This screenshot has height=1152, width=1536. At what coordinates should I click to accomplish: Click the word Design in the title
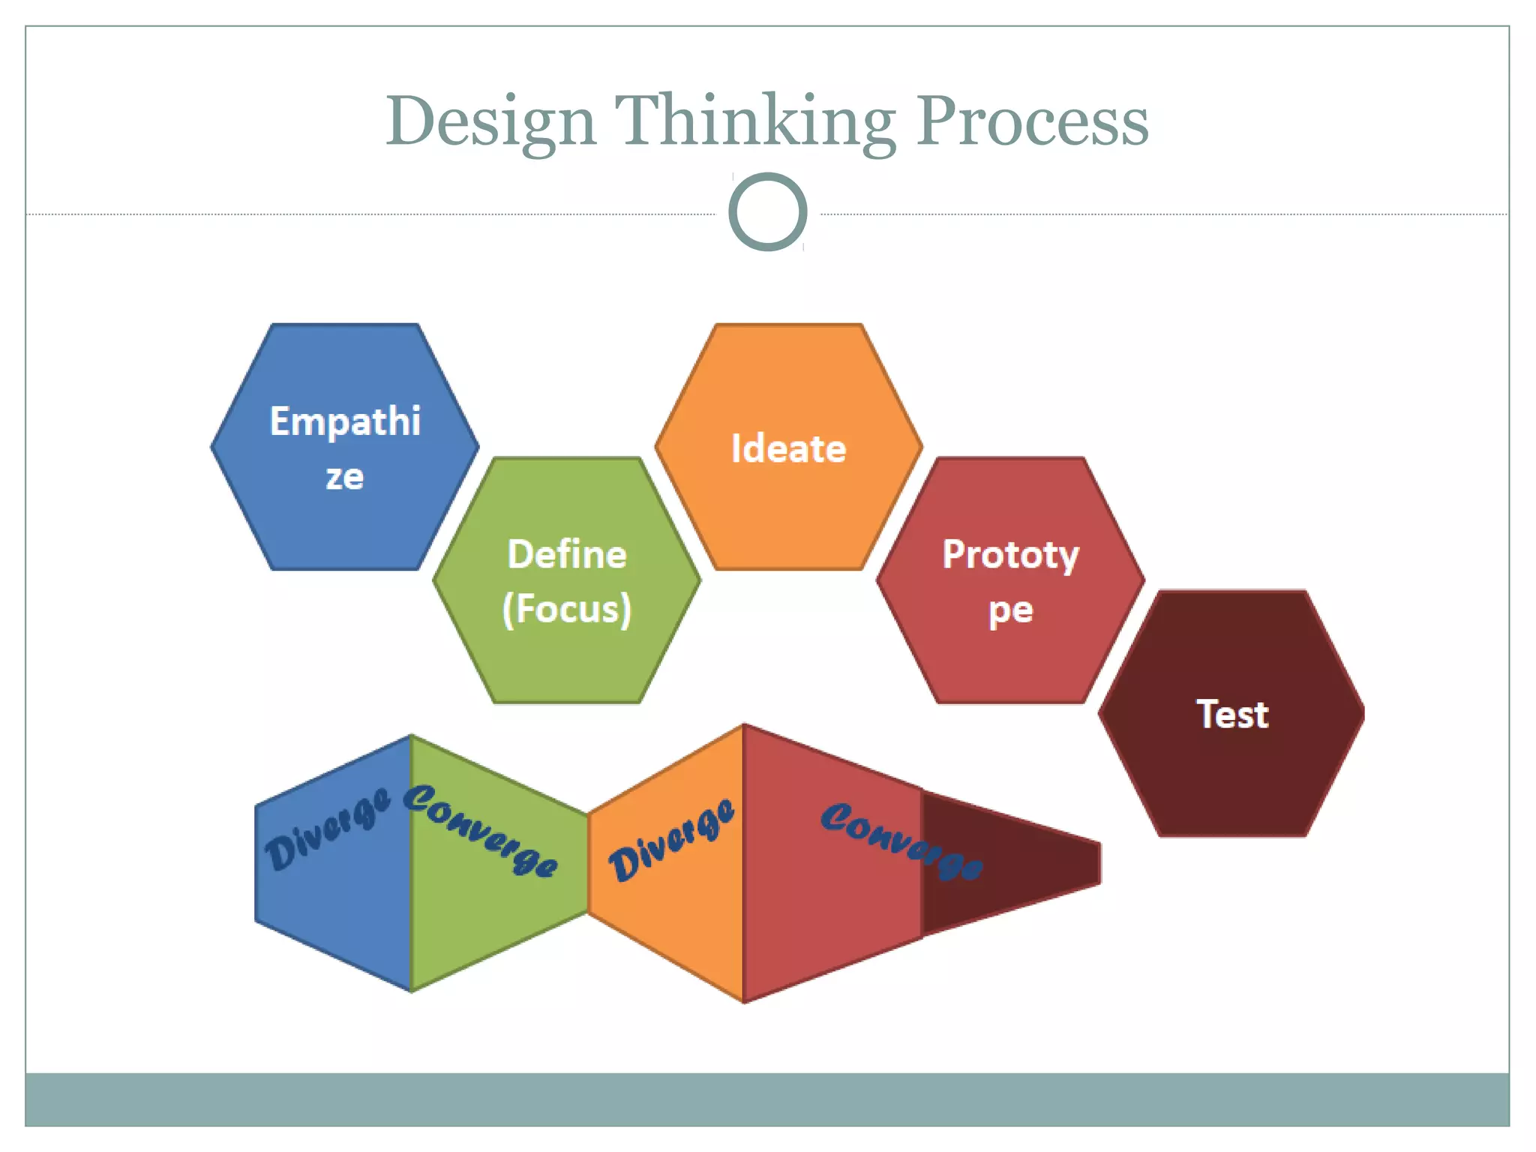point(490,122)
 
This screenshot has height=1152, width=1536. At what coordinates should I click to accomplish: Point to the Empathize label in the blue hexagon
point(345,421)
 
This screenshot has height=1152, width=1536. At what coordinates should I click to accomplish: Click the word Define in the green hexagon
point(567,555)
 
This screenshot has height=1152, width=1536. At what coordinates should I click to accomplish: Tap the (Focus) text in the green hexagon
point(567,609)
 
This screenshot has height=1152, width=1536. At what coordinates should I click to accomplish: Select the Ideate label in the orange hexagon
point(788,449)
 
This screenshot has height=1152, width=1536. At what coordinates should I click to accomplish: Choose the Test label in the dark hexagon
point(1232,714)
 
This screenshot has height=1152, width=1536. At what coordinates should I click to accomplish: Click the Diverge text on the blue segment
point(328,828)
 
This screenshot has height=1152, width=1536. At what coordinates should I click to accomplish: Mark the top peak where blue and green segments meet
point(412,737)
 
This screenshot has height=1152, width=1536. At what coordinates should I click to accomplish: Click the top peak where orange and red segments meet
point(743,726)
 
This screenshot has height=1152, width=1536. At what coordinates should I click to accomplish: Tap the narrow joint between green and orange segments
point(588,862)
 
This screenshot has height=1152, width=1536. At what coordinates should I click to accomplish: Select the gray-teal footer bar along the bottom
point(767,1099)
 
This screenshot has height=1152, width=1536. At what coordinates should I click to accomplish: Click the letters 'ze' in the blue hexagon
point(345,477)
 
